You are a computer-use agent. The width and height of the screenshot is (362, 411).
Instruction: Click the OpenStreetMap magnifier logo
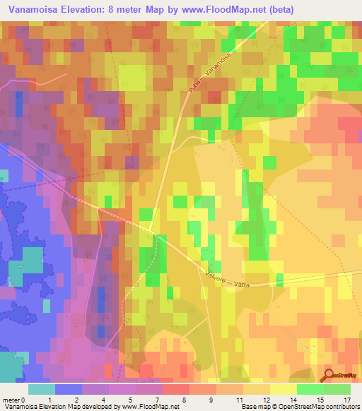point(330,376)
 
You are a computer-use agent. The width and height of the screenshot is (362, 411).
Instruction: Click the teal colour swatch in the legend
point(42,389)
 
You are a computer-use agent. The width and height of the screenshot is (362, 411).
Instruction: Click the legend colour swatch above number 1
point(69,389)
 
